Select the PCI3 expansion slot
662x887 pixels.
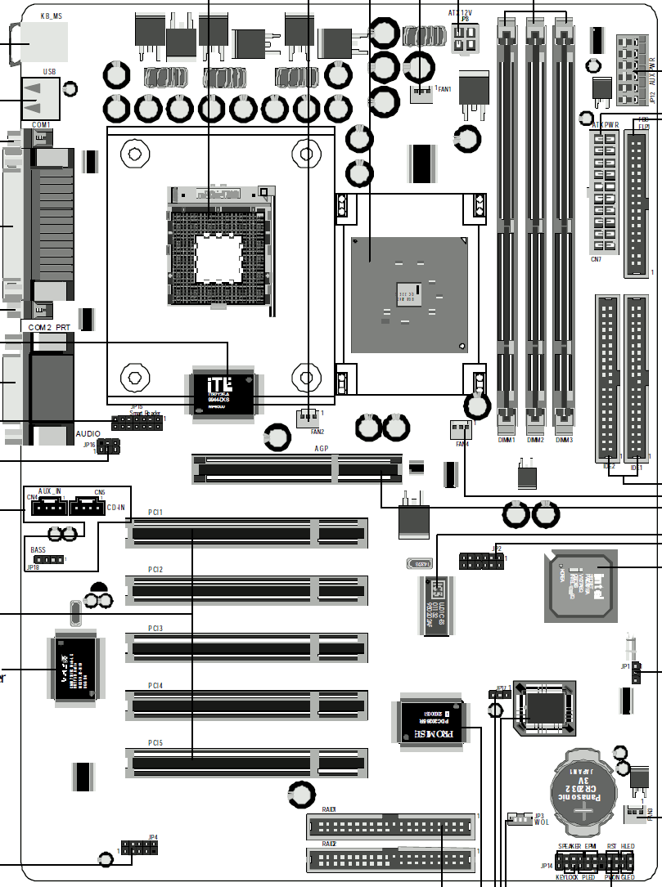pyautogui.click(x=246, y=647)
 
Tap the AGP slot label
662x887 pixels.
pyautogui.click(x=322, y=449)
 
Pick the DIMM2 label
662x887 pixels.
pyautogui.click(x=535, y=441)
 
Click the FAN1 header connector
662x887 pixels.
pyautogui.click(x=421, y=92)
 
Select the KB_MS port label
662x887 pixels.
pyautogui.click(x=51, y=15)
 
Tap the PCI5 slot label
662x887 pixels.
pyautogui.click(x=155, y=742)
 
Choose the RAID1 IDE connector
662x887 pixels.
pyautogui.click(x=391, y=827)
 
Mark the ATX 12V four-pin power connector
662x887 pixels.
pyautogui.click(x=464, y=38)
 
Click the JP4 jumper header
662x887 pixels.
pyautogui.click(x=140, y=849)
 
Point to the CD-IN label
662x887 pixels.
pyautogui.click(x=116, y=508)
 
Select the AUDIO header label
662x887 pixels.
pyautogui.click(x=88, y=435)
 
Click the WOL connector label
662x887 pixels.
pyautogui.click(x=541, y=822)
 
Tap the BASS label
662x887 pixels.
pyautogui.click(x=38, y=550)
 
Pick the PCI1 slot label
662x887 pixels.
pyautogui.click(x=155, y=512)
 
